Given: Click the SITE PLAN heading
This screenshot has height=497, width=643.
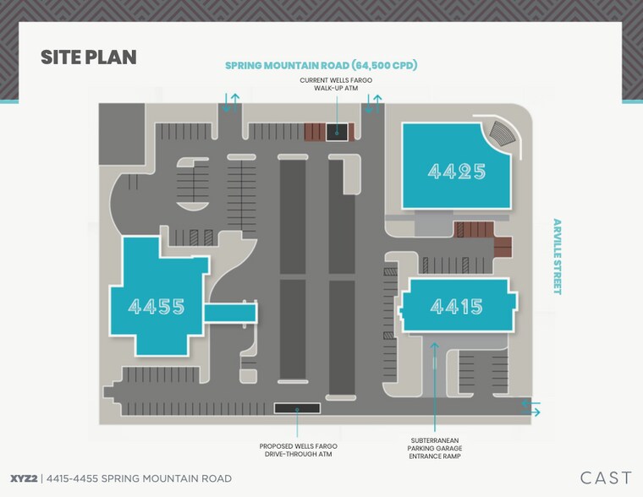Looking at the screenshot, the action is point(89,57).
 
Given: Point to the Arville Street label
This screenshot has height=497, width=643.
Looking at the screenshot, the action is point(557,256).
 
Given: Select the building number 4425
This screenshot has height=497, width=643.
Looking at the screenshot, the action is point(457,172).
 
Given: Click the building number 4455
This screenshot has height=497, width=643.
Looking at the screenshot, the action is point(157,306).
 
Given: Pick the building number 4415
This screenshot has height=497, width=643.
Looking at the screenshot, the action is point(456,306).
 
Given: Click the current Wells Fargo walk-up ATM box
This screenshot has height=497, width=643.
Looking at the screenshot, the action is point(337,133).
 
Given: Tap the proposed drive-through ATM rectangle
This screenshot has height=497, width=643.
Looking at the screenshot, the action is point(297,408).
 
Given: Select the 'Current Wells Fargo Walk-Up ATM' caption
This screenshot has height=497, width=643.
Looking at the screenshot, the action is point(336,84).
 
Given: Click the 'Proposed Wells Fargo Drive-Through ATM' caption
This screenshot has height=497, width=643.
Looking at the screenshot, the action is point(298,450).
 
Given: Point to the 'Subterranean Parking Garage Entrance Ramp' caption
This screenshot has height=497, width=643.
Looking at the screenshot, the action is point(435,448).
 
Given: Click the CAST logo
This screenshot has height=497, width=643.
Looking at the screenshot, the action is point(606,478).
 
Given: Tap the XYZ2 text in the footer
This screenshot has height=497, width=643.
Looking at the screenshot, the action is point(24,478).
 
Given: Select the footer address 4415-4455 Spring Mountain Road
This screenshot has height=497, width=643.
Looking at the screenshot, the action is point(139,478).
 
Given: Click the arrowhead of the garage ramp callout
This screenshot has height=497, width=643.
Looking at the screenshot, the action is point(434,346).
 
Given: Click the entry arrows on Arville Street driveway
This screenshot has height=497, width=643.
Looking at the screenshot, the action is point(531,408).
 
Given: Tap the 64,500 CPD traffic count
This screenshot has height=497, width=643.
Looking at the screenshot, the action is point(384,65).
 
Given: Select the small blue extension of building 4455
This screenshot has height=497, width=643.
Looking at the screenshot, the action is point(230,313).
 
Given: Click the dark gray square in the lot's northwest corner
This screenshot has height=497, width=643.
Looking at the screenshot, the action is point(122,134).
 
